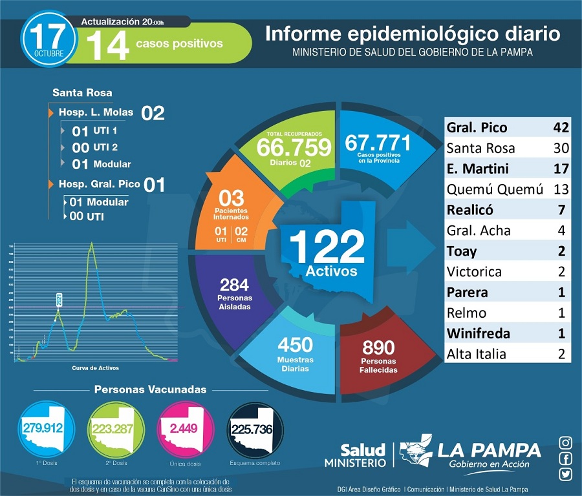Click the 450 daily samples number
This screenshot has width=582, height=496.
click(x=295, y=344)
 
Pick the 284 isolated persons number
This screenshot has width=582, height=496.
click(x=234, y=285)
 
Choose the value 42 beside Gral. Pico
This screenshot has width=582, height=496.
click(x=561, y=127)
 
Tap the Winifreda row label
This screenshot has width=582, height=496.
click(x=478, y=333)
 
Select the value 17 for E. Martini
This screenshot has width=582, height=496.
click(x=561, y=169)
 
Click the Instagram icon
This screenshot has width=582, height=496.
click(x=566, y=442)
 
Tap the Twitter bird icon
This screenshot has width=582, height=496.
click(x=566, y=475)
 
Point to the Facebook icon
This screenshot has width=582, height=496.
click(x=566, y=459)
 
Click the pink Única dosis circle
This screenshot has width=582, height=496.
click(x=186, y=429)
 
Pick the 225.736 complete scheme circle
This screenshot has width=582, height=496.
click(x=255, y=429)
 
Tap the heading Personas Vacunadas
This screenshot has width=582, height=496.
click(x=151, y=389)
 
